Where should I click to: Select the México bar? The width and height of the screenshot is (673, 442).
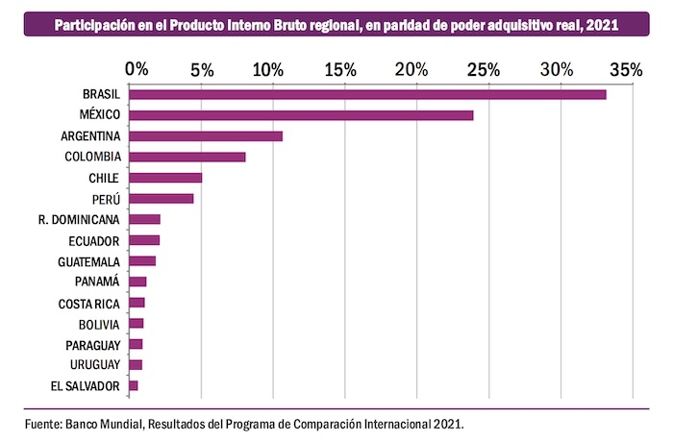[x=301, y=115]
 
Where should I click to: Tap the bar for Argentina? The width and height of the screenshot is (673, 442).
[x=206, y=135]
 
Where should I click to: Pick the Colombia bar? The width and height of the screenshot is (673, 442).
[x=187, y=157]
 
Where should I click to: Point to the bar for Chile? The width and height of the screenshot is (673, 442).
[x=165, y=178]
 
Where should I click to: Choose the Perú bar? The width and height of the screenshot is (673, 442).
[x=162, y=199]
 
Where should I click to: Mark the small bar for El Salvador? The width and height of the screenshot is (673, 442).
[x=134, y=385]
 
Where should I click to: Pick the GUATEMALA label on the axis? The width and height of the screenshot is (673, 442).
[x=88, y=260]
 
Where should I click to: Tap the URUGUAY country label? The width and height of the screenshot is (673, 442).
[x=94, y=365]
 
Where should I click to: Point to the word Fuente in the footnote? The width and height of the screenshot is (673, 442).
[x=43, y=423]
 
